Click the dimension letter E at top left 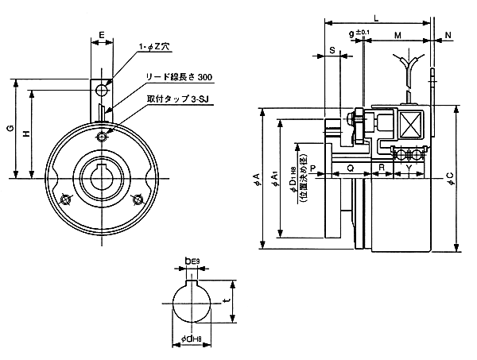[x=101, y=36]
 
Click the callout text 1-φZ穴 [x=154, y=48]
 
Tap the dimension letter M [x=396, y=37]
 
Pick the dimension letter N [x=448, y=37]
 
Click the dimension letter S [x=332, y=50]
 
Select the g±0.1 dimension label [x=360, y=34]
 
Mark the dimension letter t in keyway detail [x=228, y=301]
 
